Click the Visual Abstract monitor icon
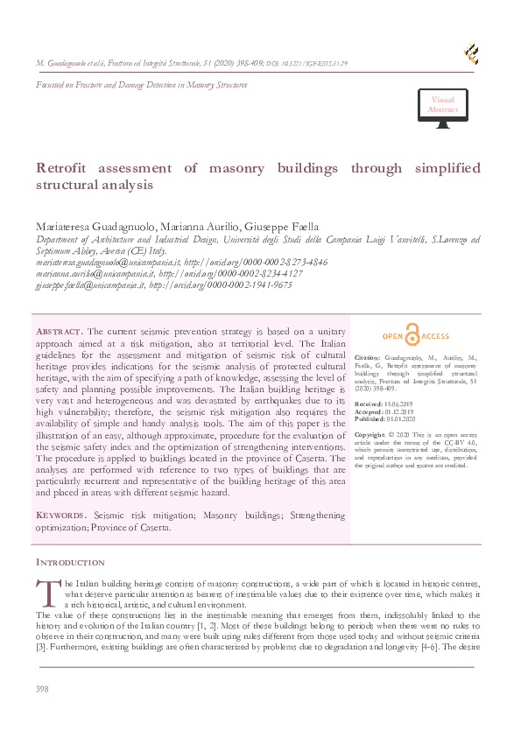(442, 109)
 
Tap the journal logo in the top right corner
(470, 54)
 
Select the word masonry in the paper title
(230, 168)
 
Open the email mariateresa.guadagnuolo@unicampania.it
(108, 262)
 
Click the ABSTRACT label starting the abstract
(59, 332)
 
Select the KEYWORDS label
(61, 516)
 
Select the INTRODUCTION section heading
(70, 562)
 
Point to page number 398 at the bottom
(43, 690)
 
